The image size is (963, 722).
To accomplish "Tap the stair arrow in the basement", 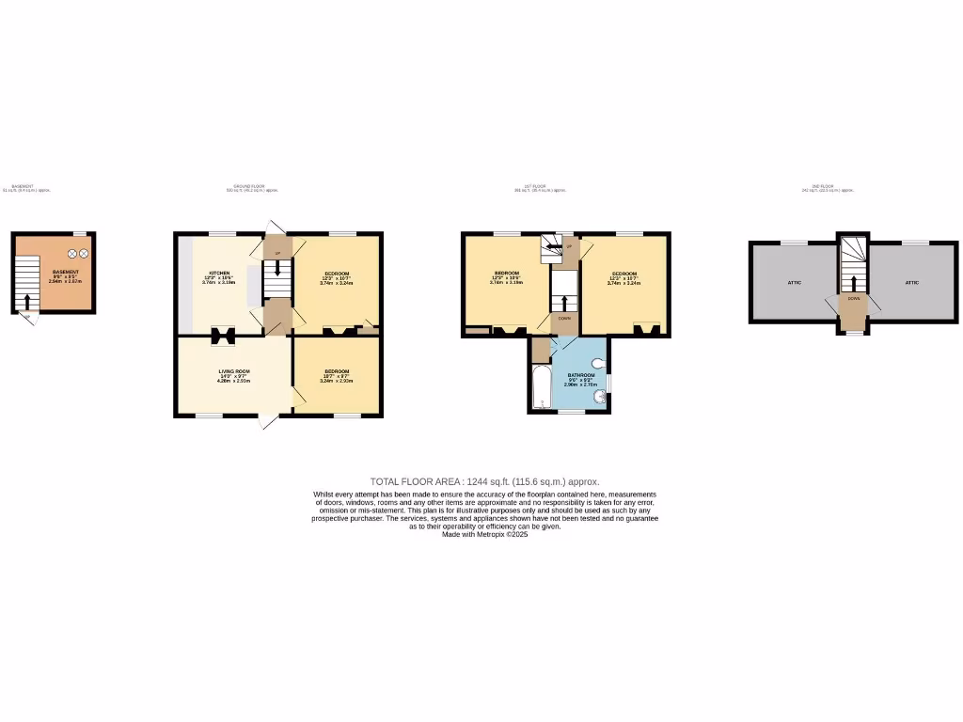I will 26,301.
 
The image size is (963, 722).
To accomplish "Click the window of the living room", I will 209,416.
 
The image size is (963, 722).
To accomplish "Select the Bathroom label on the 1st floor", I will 581,375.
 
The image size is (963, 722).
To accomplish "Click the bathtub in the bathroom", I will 541,389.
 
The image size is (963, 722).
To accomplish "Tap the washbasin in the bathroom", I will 599,398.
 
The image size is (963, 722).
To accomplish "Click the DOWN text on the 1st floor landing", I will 564,318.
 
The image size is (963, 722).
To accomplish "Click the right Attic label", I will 911,282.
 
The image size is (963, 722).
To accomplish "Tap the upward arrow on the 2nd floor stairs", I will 853,283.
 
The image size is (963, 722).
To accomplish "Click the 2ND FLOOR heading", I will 828,187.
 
